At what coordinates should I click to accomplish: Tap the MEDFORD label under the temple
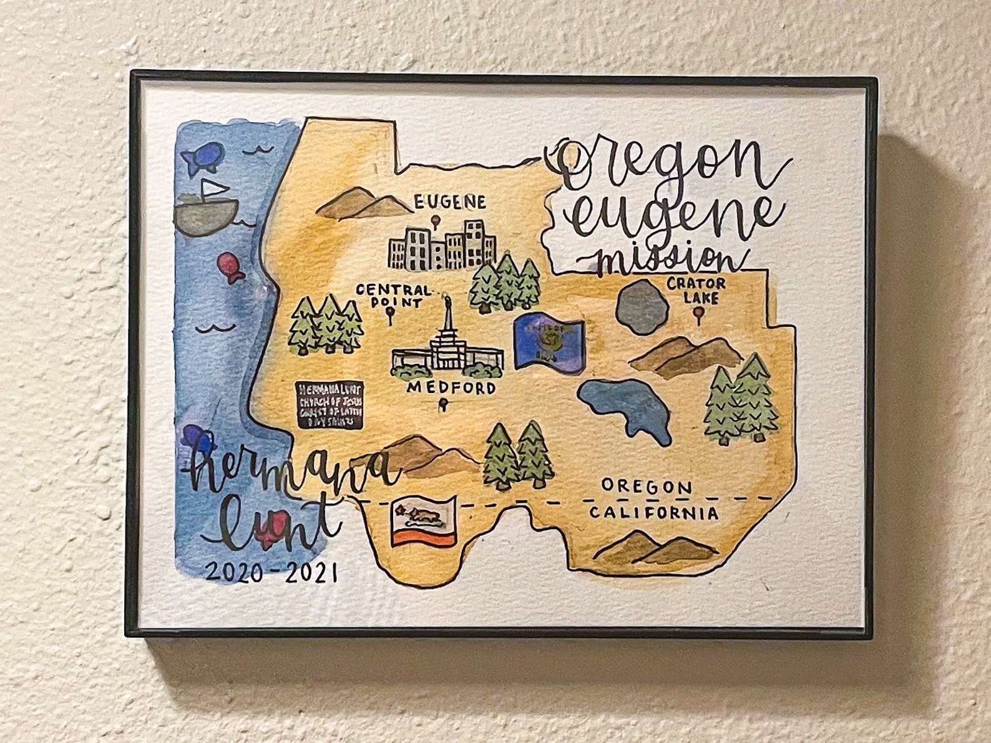[x=451, y=389]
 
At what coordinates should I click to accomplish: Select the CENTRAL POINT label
[x=393, y=296]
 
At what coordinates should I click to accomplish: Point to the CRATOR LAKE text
[x=696, y=291]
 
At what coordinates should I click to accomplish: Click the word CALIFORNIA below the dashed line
[x=654, y=513]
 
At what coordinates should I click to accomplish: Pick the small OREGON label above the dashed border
[x=647, y=486]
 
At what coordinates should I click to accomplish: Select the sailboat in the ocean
[x=207, y=210]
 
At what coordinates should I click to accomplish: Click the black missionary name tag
[x=328, y=405]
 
